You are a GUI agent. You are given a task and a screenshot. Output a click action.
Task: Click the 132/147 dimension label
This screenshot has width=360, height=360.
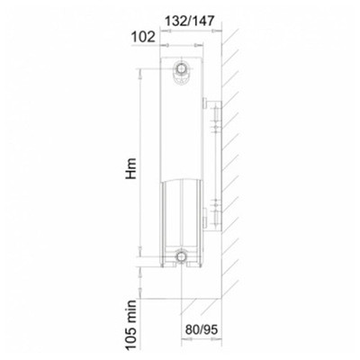coord(190,21)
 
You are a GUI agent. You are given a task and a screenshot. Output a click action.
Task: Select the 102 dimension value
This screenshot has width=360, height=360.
coord(143,37)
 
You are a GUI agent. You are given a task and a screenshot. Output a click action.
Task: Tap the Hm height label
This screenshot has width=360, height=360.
coord(131,168)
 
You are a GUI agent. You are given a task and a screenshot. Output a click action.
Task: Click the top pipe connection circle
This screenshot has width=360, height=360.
coord(181,68)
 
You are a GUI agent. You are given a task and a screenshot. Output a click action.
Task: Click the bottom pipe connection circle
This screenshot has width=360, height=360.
coord(181,256)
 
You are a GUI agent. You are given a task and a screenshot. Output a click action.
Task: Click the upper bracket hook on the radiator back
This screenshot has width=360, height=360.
coord(204,103)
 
